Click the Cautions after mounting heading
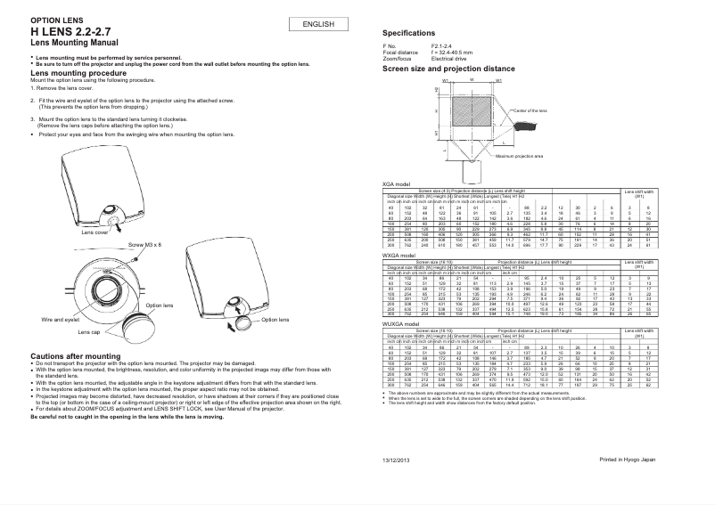[63, 355]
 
